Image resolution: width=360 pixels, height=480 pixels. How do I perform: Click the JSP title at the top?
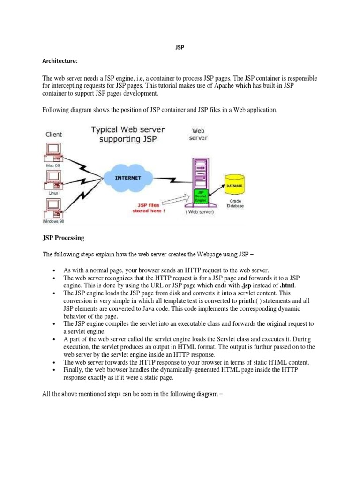(180, 48)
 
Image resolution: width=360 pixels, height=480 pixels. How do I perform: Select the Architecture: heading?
(60, 61)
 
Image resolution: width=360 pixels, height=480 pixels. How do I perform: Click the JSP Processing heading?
(63, 238)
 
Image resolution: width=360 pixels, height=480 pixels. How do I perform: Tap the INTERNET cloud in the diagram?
(129, 178)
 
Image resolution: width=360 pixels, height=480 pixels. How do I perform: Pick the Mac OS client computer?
(53, 150)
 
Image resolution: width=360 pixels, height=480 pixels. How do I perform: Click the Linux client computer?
(53, 178)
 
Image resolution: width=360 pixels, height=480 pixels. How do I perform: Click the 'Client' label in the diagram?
(54, 134)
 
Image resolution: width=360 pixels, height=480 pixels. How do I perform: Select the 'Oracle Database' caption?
(235, 203)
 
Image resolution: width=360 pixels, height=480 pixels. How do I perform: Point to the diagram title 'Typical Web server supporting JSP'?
(128, 134)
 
